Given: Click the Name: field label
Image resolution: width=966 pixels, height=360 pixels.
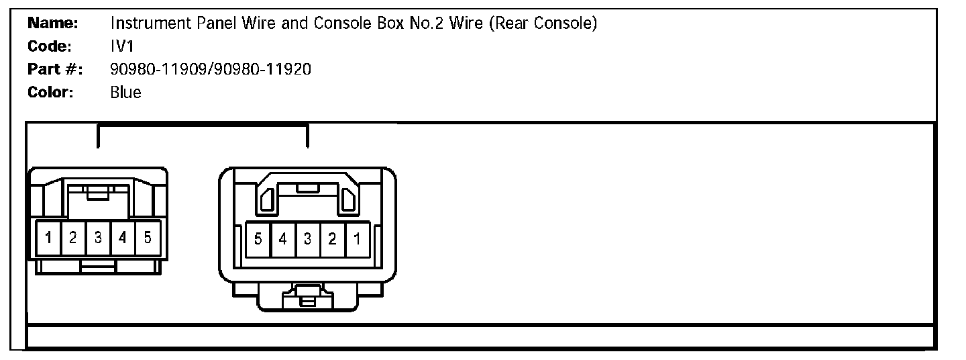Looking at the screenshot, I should click(x=53, y=24).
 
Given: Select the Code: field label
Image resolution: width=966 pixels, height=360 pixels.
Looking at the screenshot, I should click(x=50, y=46).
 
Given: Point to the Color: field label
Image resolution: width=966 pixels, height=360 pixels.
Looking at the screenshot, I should click(x=50, y=92).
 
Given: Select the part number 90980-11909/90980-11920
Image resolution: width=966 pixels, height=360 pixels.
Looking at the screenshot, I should click(x=210, y=69).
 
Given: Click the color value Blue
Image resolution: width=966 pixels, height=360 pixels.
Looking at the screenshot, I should click(x=125, y=92).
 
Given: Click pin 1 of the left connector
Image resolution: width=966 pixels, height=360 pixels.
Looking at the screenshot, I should click(x=49, y=237).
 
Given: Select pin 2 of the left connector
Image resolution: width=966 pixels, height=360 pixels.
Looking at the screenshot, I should click(x=73, y=237).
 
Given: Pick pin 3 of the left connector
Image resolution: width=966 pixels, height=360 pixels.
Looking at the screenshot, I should click(x=98, y=237).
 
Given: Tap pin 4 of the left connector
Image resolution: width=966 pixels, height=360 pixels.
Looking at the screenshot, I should click(x=123, y=237).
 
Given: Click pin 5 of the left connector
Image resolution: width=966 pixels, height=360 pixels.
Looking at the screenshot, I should click(x=148, y=237).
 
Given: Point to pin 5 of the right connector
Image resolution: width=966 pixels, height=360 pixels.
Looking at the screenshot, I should click(x=258, y=238).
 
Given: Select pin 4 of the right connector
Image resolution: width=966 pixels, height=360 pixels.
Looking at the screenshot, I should click(x=283, y=238).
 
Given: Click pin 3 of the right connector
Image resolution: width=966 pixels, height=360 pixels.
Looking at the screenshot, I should click(x=308, y=238).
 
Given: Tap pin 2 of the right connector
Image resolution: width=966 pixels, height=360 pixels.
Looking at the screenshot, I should click(x=332, y=238).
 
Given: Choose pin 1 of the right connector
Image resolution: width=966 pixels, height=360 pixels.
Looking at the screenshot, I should click(x=357, y=238).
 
